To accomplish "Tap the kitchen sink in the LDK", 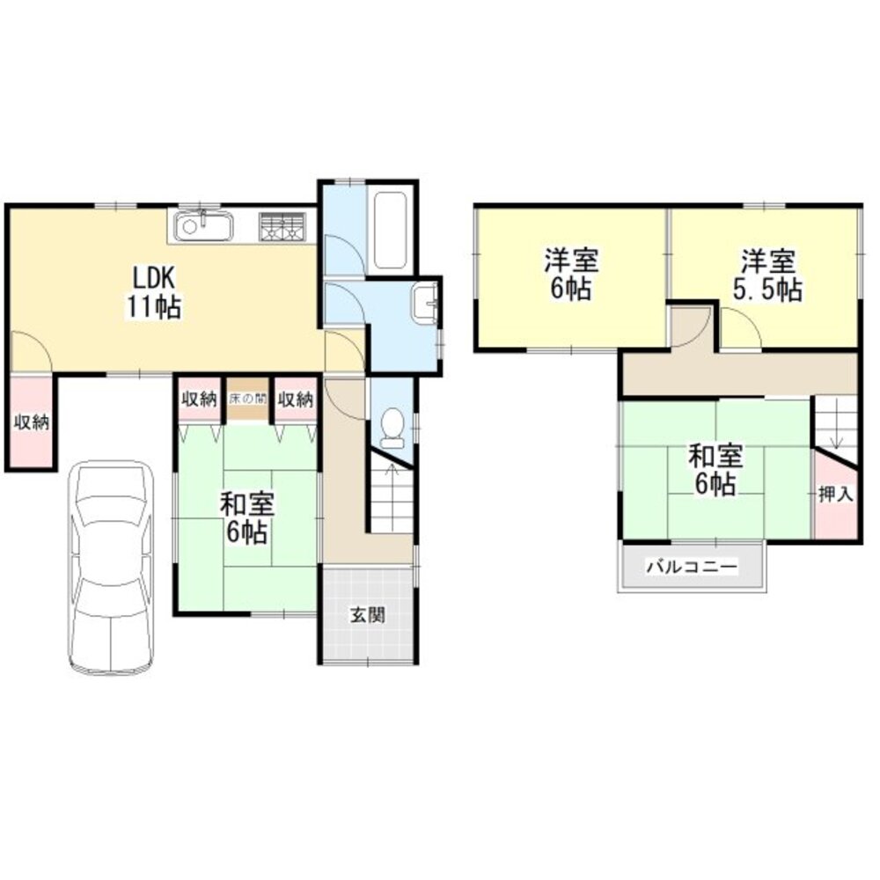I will (203, 227).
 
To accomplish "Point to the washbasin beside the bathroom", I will (426, 304).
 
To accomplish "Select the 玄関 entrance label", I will (368, 616).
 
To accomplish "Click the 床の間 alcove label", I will (247, 399).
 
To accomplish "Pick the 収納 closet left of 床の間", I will (199, 399).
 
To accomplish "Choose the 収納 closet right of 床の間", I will (296, 399).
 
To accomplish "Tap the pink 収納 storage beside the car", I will (31, 422).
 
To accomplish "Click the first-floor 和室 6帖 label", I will (247, 519).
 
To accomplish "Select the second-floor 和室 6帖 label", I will (715, 471).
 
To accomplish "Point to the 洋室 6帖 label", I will (571, 275).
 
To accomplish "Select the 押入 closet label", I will (835, 495).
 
